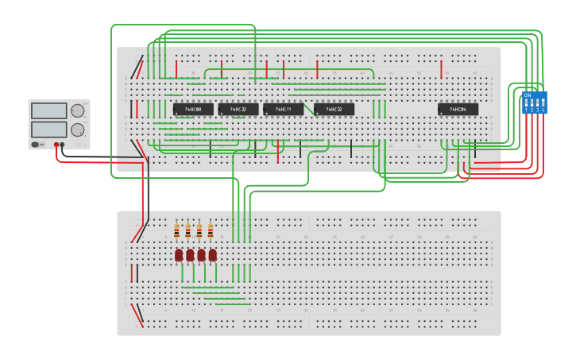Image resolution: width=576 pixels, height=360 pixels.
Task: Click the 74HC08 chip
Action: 193,109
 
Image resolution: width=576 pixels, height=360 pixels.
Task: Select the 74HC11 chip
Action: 284,109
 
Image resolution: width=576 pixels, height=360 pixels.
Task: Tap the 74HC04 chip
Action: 458,109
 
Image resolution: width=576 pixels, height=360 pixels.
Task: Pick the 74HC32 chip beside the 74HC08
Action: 238,109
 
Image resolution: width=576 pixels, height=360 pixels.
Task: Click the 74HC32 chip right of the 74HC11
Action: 334,109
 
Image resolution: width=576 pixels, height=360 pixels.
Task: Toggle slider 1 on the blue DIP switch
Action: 526,104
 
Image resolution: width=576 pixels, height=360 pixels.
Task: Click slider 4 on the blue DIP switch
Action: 543,104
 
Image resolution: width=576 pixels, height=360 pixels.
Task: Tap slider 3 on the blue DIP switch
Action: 538,104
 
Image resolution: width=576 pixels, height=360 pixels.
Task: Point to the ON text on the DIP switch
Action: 527,95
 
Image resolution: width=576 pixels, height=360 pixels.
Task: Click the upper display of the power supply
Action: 48,111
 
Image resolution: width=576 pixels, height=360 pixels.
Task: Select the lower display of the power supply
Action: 48,129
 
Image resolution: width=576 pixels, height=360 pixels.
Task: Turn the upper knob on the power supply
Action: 77,111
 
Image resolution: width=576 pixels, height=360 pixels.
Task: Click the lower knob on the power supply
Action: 77,130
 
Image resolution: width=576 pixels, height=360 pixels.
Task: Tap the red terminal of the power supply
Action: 56,145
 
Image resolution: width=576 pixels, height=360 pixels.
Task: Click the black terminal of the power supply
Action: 62,145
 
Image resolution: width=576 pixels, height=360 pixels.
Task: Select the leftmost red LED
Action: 179,254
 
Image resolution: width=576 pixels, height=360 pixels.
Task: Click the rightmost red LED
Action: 212,254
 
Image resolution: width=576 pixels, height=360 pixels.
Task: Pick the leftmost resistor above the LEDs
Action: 176,230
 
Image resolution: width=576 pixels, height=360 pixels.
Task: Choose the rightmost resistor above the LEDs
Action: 211,230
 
